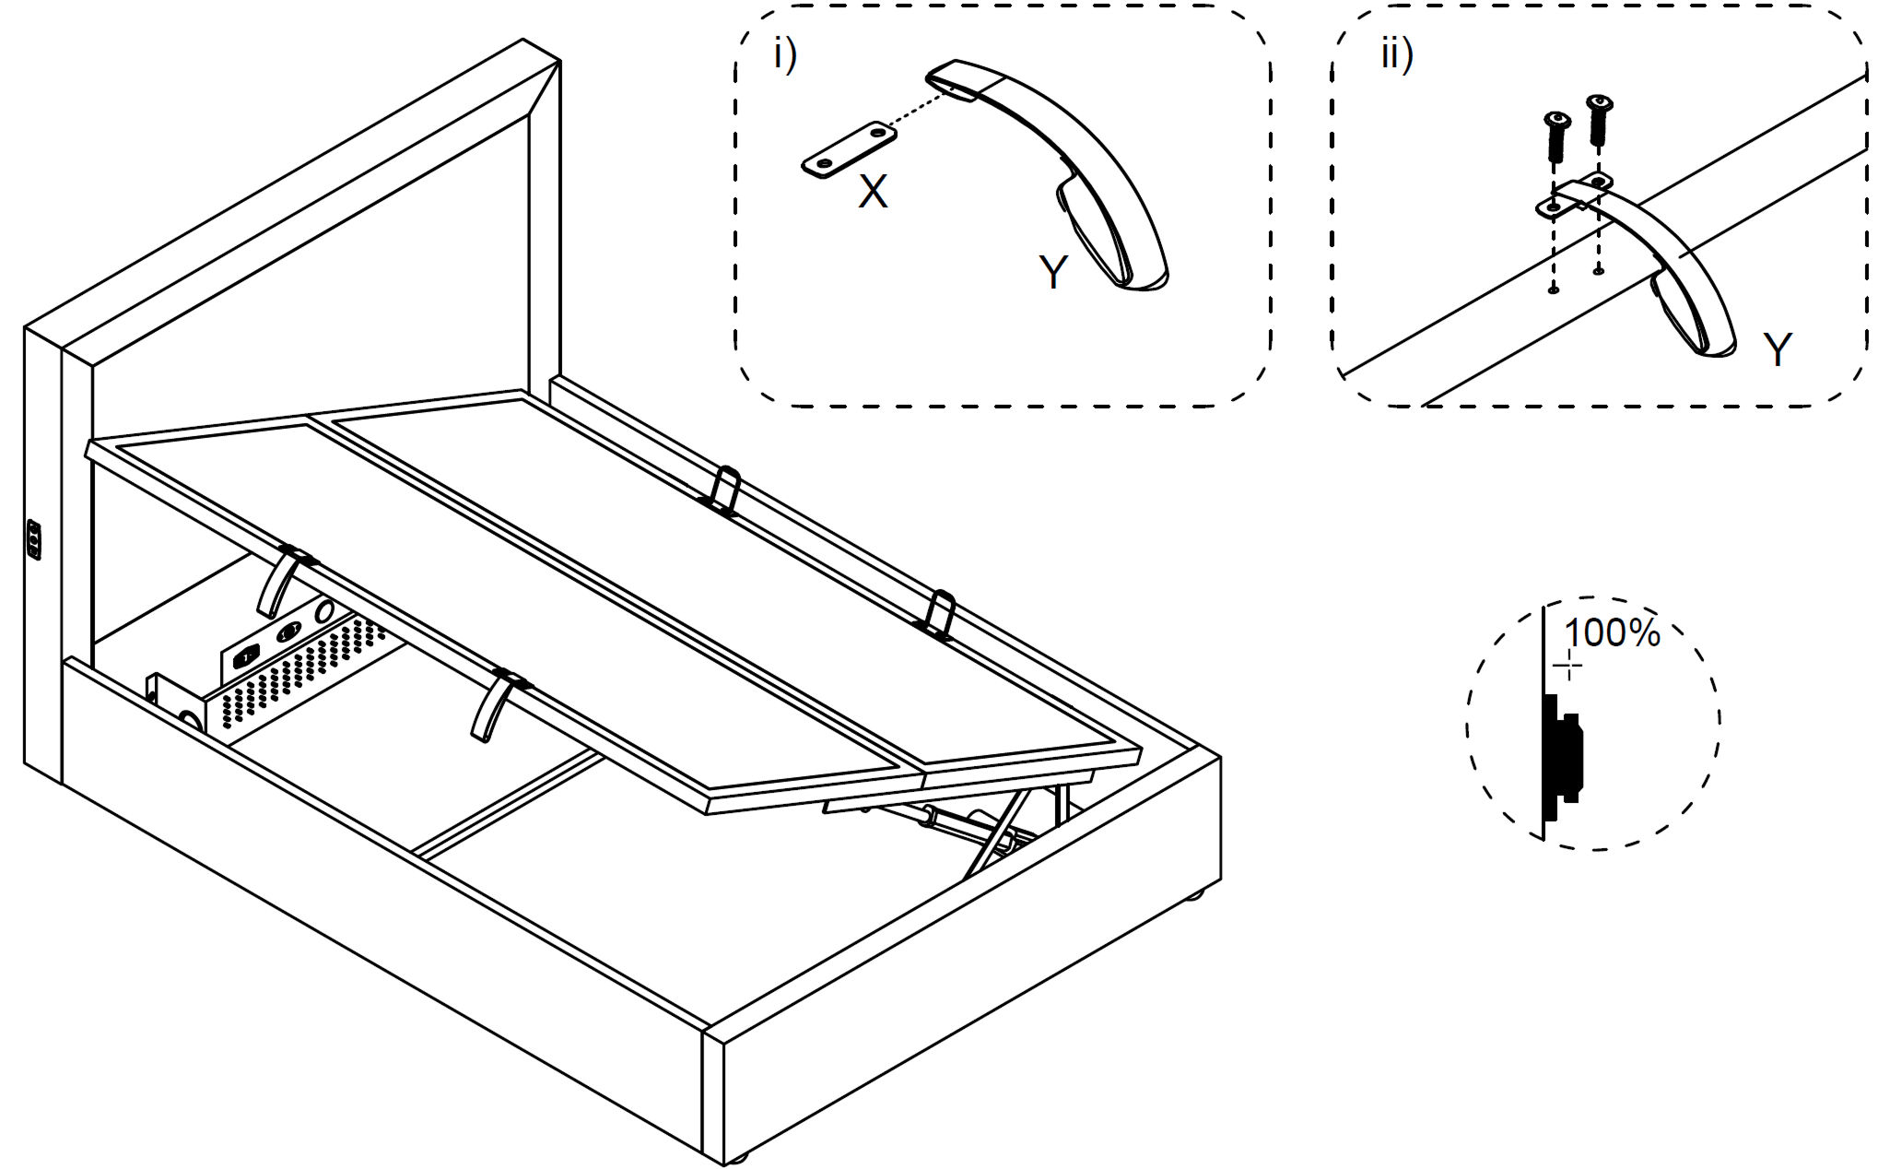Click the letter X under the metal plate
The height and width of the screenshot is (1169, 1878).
[x=873, y=192]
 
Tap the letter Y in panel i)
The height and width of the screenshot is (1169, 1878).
[x=1053, y=272]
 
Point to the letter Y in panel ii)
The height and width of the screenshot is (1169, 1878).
[x=1778, y=350]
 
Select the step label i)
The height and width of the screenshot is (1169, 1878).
[x=785, y=55]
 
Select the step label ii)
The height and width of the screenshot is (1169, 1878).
[x=1397, y=55]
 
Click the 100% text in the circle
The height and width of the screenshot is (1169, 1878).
[x=1612, y=633]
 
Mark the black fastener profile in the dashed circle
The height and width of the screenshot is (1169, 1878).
[x=1561, y=756]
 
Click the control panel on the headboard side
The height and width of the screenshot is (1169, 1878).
[x=34, y=539]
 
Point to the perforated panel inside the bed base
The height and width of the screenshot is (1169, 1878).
[x=295, y=678]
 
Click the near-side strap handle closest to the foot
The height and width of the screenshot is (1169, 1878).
[x=494, y=706]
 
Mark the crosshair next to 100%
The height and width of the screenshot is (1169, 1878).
[x=1567, y=666]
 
